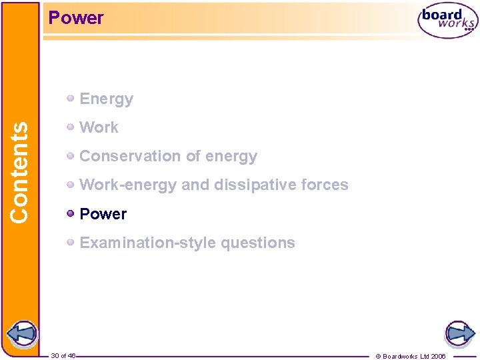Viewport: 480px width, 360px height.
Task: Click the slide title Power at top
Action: [x=76, y=18]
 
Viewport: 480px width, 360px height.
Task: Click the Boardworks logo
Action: [x=447, y=21]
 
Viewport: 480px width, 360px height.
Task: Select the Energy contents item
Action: [x=106, y=99]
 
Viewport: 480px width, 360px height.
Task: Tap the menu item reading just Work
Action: [x=99, y=127]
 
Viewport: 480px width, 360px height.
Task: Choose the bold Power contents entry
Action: [x=103, y=214]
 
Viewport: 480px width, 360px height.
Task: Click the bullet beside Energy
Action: [x=71, y=99]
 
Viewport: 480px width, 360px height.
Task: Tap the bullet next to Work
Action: [x=71, y=127]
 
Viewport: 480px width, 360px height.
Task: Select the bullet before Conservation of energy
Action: [x=71, y=155]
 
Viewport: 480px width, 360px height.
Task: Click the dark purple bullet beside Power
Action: [x=71, y=213]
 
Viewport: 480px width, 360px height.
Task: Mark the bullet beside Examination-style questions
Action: [x=71, y=242]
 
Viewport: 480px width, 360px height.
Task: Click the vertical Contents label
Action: [x=19, y=172]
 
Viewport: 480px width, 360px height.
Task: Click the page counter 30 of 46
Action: [x=63, y=356]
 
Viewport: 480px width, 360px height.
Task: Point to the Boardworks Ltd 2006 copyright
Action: [x=411, y=356]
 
